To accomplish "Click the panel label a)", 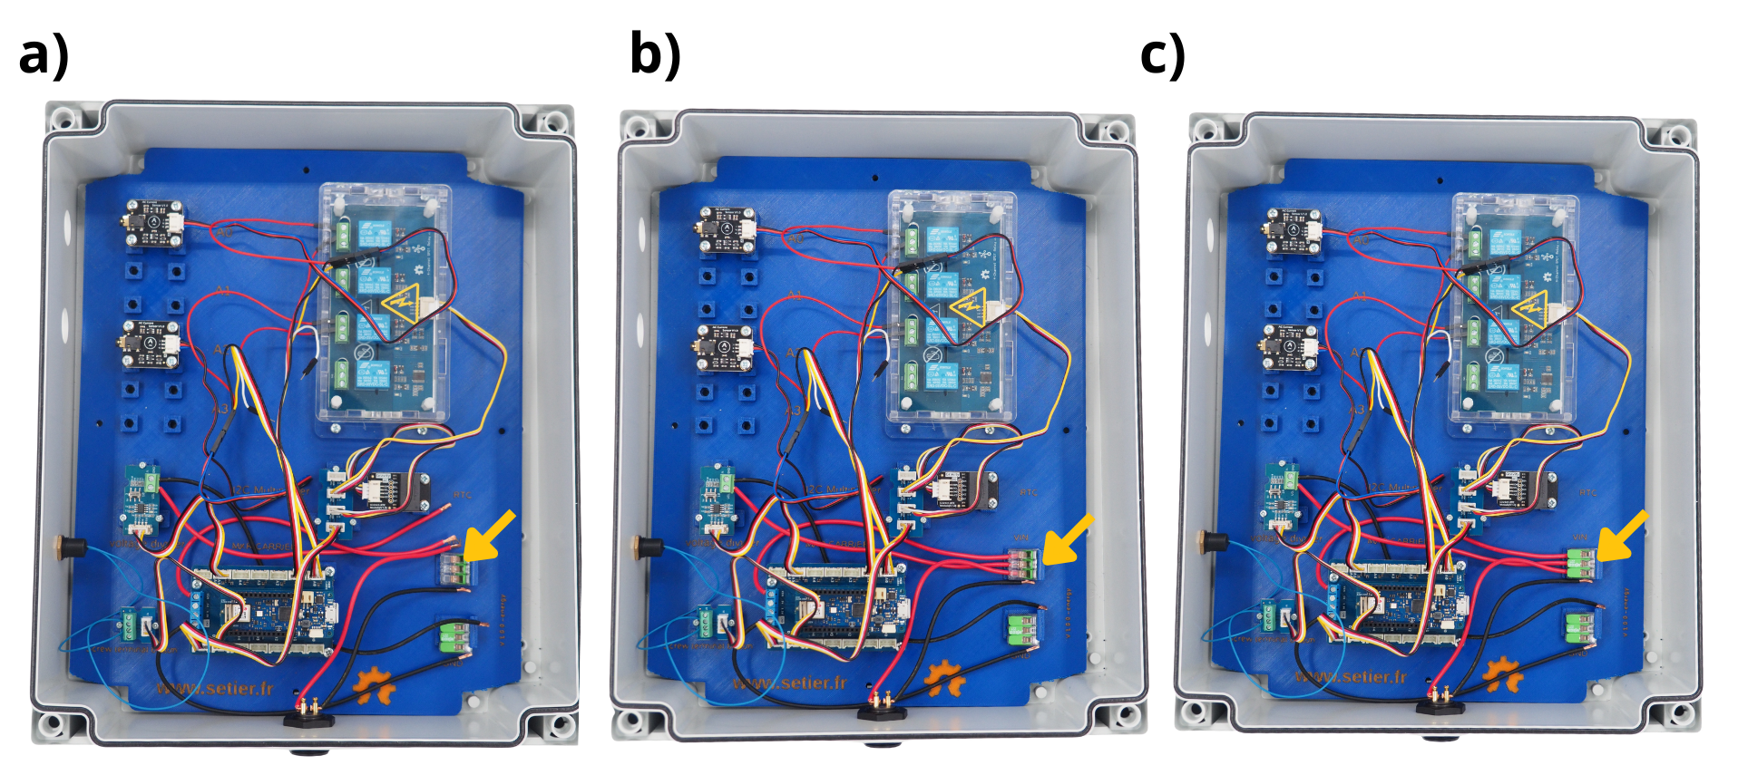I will pyautogui.click(x=44, y=55).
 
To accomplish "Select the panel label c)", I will pyautogui.click(x=1162, y=55).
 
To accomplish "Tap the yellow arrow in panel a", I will pyautogui.click(x=489, y=536).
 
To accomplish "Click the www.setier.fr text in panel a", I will pyautogui.click(x=215, y=688).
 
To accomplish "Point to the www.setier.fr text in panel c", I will pyautogui.click(x=1351, y=677).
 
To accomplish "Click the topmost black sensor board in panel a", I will pyautogui.click(x=154, y=223).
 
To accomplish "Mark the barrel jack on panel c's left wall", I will pyautogui.click(x=1212, y=541).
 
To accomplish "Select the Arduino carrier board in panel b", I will pyautogui.click(x=835, y=609).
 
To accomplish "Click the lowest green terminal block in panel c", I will pyautogui.click(x=1580, y=626).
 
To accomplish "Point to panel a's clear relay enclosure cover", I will pyautogui.click(x=383, y=304).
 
